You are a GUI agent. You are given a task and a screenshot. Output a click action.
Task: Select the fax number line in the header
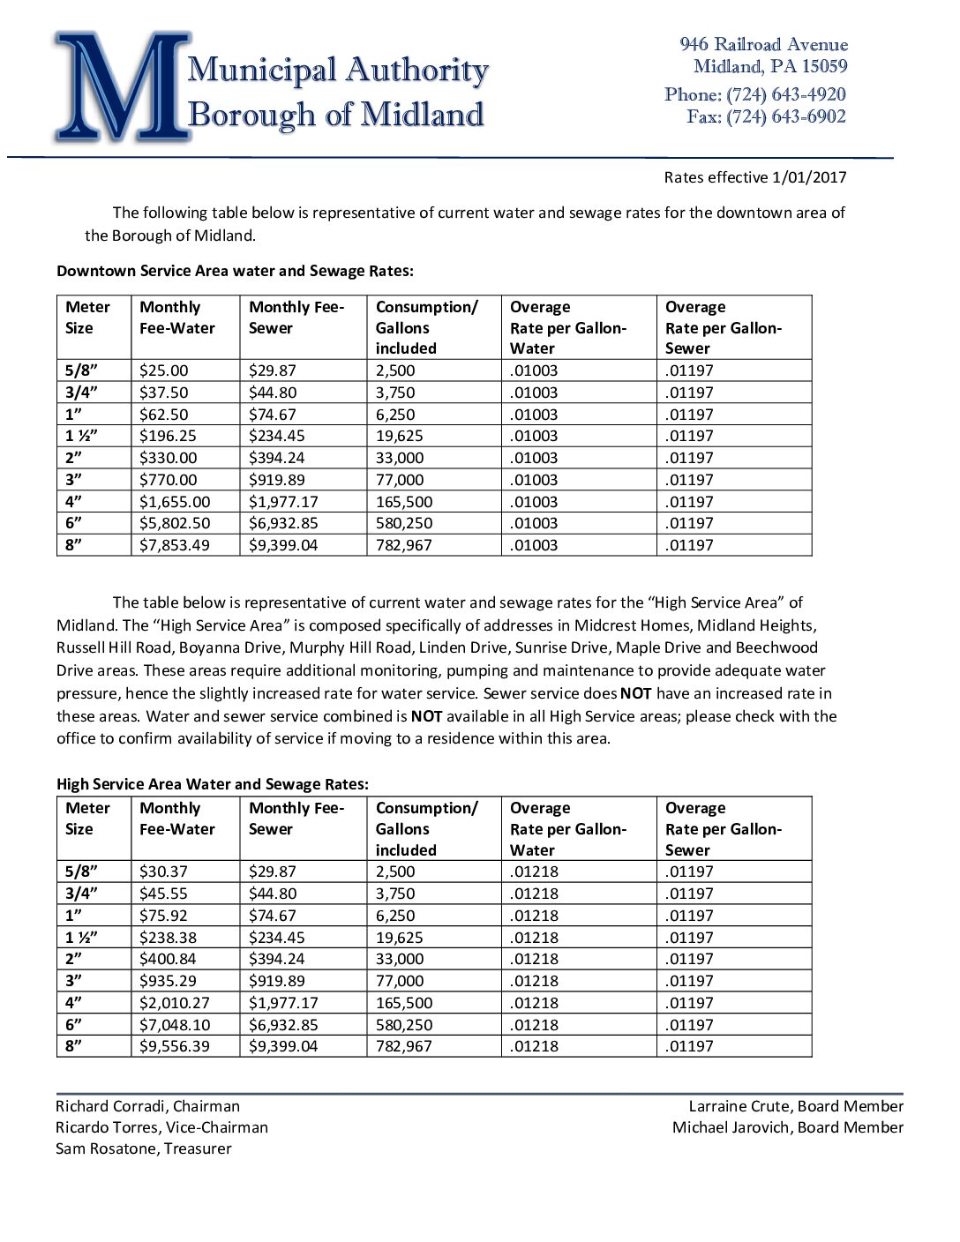(x=766, y=116)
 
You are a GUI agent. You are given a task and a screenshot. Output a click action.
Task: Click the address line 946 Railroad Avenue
(x=763, y=44)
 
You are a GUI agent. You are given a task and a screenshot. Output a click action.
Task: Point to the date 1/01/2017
(x=809, y=177)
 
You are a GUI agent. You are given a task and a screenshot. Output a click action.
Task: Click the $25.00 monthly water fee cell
(x=164, y=370)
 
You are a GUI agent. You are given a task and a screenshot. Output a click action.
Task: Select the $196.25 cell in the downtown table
(x=168, y=436)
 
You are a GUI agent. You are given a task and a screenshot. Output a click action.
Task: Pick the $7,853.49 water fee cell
(x=175, y=545)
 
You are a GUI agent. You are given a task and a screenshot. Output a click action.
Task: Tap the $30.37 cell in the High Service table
(x=164, y=872)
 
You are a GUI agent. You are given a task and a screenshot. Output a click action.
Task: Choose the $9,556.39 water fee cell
(x=175, y=1046)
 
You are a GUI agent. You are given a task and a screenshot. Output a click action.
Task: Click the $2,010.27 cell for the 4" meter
(x=175, y=1003)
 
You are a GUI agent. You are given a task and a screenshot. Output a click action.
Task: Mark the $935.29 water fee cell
(x=168, y=981)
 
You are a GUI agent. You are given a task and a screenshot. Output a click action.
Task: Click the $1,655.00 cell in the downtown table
(x=175, y=502)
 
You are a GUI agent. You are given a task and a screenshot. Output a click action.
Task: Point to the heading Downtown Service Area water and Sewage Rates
(x=235, y=271)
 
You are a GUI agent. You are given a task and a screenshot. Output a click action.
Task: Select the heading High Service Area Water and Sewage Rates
(x=213, y=784)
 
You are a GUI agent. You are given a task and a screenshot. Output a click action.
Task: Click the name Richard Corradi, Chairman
(x=147, y=1106)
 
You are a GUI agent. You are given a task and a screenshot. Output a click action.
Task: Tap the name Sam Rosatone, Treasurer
(x=144, y=1148)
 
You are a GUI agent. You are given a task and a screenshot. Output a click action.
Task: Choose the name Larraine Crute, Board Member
(x=796, y=1106)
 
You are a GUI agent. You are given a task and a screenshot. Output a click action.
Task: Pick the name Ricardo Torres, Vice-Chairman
(x=161, y=1127)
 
